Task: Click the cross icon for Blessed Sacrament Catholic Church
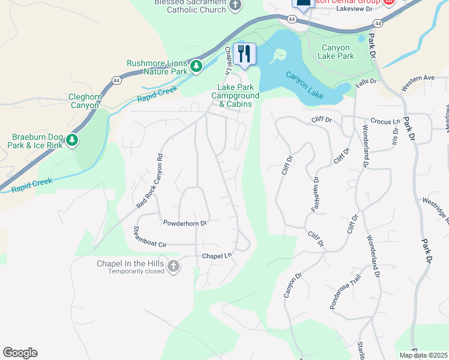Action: [235, 7]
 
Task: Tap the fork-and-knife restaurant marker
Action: [244, 53]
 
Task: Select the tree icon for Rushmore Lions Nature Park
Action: [196, 66]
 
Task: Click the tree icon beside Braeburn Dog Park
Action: [72, 140]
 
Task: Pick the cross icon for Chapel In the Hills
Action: [173, 266]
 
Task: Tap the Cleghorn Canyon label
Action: [85, 101]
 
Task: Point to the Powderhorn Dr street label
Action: [185, 223]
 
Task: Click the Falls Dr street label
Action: [365, 81]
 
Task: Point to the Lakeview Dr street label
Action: [354, 9]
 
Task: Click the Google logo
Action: [20, 353]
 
